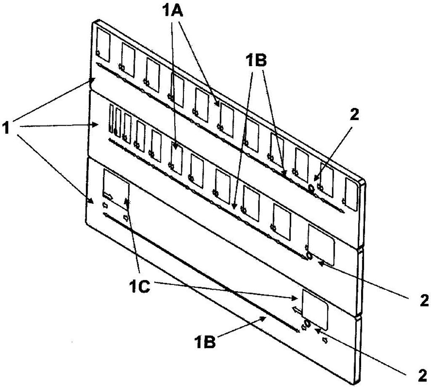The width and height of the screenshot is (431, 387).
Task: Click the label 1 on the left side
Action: click(6, 128)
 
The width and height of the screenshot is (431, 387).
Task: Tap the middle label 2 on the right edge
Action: click(424, 301)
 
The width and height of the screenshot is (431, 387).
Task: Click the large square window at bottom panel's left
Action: click(116, 189)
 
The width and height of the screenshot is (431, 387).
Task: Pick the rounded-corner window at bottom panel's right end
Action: click(315, 310)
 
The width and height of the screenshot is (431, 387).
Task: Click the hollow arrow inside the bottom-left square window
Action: click(107, 196)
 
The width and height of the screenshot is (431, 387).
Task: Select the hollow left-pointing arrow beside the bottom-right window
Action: click(297, 310)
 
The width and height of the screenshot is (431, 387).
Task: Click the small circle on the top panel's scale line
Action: click(311, 188)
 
